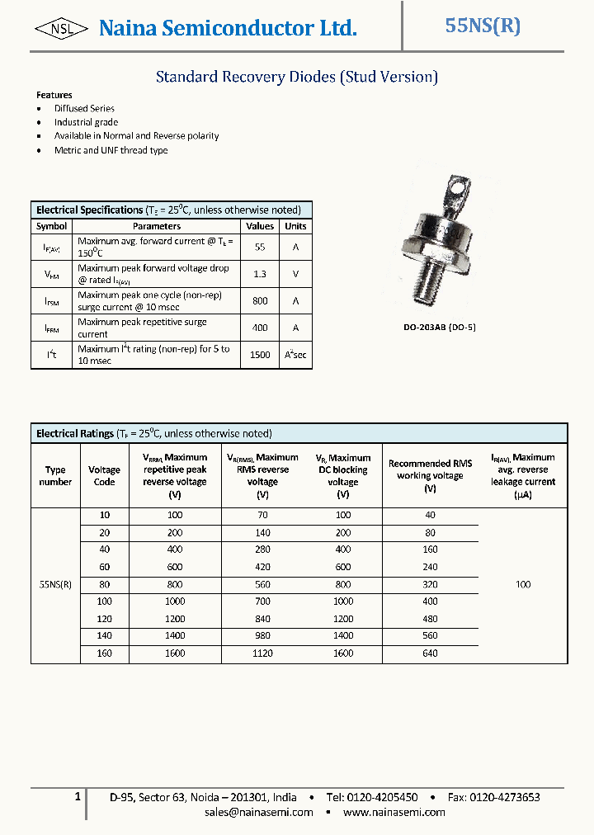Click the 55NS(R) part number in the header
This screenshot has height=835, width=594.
click(x=483, y=26)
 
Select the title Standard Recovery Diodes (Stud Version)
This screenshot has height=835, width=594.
click(x=296, y=77)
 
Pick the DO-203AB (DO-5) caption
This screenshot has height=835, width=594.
click(x=439, y=328)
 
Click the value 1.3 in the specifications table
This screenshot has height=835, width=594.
click(x=260, y=274)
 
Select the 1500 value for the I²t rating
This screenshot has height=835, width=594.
click(x=260, y=355)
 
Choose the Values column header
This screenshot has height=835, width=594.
click(x=260, y=226)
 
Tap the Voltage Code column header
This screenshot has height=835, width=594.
click(x=104, y=476)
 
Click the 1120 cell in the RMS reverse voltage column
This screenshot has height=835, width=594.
click(x=262, y=653)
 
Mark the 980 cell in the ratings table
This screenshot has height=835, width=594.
click(x=262, y=636)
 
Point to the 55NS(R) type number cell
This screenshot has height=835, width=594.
click(x=55, y=584)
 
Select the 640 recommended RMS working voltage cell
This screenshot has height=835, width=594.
click(x=430, y=653)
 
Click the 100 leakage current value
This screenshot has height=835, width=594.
click(x=522, y=584)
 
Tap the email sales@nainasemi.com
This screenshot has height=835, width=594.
click(x=259, y=812)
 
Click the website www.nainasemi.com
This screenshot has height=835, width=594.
click(x=394, y=812)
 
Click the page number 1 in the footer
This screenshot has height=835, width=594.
click(x=78, y=796)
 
